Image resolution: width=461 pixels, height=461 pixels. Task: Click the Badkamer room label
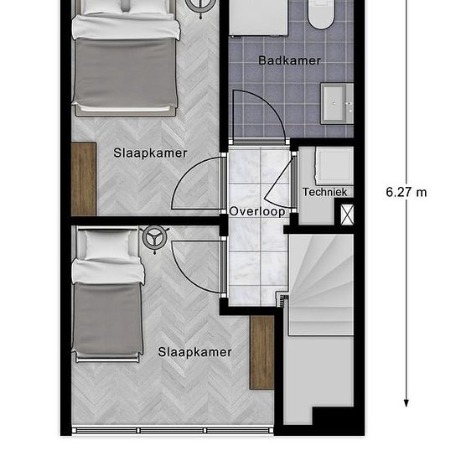coord(289,60)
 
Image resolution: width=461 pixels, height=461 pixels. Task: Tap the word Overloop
coord(257,211)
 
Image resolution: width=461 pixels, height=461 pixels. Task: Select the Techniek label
coord(324,192)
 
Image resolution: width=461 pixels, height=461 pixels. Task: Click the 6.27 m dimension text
coord(406,192)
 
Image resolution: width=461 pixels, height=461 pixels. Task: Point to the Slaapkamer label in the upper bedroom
coord(150,153)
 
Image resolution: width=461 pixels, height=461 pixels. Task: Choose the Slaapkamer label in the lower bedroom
coord(195,352)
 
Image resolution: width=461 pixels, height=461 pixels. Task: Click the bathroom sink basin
coord(337,103)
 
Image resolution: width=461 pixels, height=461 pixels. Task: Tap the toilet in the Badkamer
coord(321,13)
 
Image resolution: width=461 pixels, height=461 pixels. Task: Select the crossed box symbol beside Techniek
coord(347,215)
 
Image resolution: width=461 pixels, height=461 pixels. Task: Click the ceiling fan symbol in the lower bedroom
coord(155,238)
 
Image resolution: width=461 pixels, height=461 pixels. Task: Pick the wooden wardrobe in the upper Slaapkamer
coord(84,179)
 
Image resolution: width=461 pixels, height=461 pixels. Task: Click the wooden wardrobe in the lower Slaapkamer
coord(262,353)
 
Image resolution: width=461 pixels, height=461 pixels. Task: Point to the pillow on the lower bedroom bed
coord(108,245)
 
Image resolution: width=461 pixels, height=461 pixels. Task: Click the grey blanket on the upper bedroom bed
coord(125,72)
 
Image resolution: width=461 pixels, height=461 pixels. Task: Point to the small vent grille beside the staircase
coord(283,301)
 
